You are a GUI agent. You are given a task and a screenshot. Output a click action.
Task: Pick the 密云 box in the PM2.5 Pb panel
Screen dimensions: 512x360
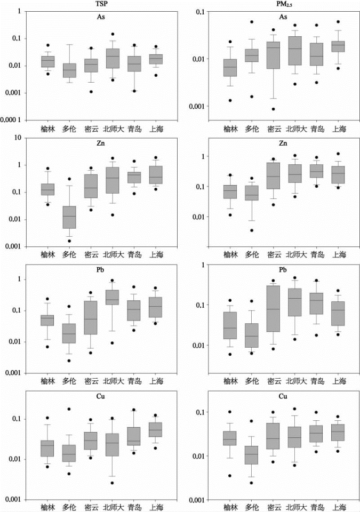click(273, 308)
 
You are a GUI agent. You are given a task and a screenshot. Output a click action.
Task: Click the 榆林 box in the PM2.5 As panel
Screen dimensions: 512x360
click(230, 68)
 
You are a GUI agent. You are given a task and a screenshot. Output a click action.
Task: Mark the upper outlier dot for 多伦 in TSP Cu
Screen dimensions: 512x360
click(69, 409)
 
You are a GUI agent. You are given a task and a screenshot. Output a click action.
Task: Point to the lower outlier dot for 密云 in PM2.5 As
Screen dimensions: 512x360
click(273, 109)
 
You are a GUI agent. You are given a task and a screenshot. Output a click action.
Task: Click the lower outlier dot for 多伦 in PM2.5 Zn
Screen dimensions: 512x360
click(251, 230)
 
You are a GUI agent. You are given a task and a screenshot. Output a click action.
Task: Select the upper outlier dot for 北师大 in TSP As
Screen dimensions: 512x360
click(113, 34)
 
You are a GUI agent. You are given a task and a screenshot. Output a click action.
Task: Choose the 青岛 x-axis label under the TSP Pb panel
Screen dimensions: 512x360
click(134, 381)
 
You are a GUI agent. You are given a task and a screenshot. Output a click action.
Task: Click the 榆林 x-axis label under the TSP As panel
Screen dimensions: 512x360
click(48, 129)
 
